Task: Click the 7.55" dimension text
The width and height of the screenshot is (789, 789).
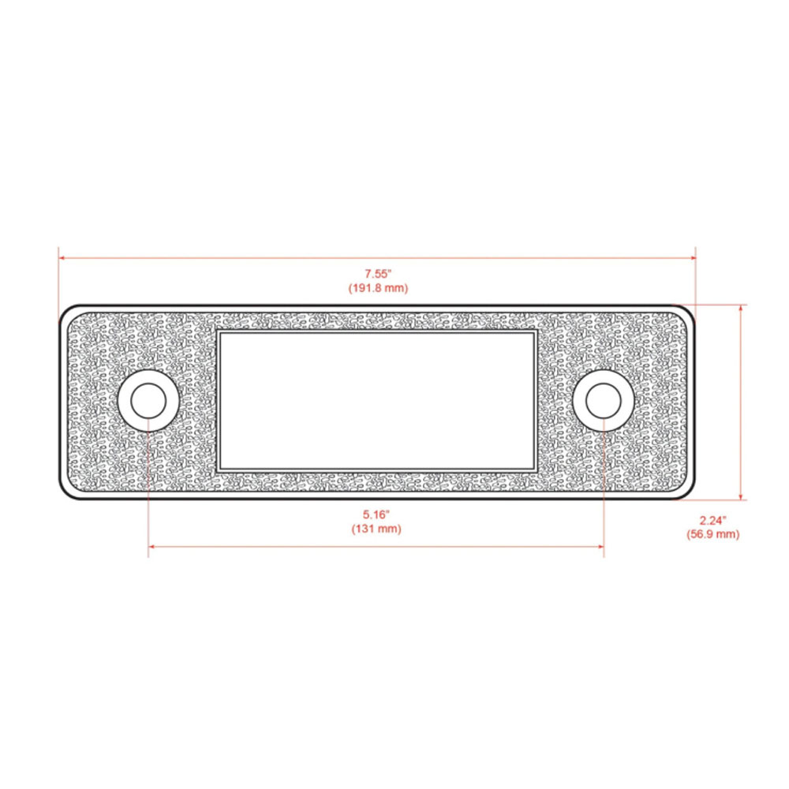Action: click(378, 274)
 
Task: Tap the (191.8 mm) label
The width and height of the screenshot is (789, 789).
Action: click(378, 288)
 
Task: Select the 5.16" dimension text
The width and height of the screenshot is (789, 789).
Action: click(377, 514)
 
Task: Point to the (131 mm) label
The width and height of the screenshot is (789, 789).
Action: click(377, 529)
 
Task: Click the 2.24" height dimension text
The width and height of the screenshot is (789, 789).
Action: click(712, 520)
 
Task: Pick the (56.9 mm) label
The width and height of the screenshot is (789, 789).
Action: click(712, 534)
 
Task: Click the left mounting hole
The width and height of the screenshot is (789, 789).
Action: click(148, 401)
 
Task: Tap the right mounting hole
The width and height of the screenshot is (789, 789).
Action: click(604, 401)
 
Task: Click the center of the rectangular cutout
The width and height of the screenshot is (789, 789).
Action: click(377, 400)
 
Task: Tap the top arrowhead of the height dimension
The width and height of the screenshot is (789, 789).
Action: click(741, 308)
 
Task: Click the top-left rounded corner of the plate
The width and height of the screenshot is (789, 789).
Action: click(66, 312)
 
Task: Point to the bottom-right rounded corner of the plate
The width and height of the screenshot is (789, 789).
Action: click(689, 492)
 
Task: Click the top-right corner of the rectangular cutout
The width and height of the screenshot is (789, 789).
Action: click(537, 332)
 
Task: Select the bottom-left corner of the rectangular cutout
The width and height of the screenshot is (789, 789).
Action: click(218, 469)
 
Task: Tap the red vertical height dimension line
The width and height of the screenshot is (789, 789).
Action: click(741, 402)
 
